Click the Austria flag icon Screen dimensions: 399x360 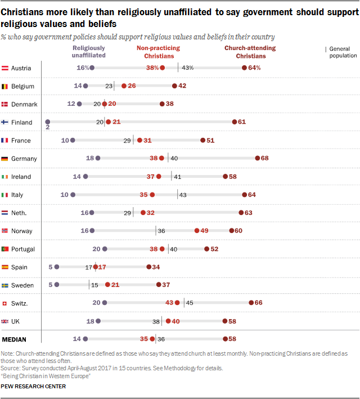6,68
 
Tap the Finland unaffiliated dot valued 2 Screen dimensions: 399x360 48,122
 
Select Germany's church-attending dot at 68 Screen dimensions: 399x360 258,158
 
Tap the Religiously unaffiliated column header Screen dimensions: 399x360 89,52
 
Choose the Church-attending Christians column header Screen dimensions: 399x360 250,52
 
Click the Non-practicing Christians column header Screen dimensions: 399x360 158,52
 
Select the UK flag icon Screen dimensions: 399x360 6,321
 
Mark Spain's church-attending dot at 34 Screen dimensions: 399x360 148,267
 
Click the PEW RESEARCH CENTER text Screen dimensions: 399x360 33,387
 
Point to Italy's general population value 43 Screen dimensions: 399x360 183,195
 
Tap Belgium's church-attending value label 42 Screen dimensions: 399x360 182,86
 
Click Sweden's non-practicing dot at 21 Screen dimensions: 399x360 107,285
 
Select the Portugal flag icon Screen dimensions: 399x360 6,249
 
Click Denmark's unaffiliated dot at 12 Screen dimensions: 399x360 79,104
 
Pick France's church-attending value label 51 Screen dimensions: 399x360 210,140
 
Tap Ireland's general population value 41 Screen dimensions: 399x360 177,177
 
